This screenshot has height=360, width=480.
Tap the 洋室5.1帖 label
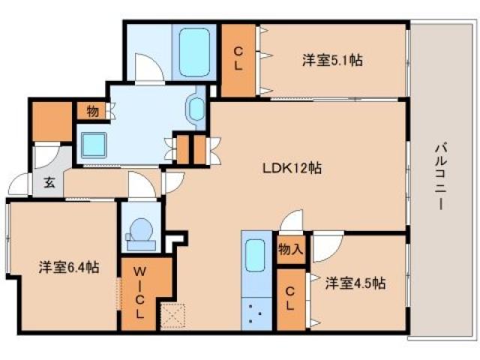pyautogui.click(x=332, y=60)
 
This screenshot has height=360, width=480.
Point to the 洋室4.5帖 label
pyautogui.click(x=355, y=283)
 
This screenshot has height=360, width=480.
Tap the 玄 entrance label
pyautogui.click(x=48, y=181)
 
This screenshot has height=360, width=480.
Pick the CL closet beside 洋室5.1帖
pyautogui.click(x=238, y=58)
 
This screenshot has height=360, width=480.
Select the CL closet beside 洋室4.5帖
pyautogui.click(x=291, y=298)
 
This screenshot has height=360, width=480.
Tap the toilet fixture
pyautogui.click(x=139, y=232)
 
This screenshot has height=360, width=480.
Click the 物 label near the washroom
pyautogui.click(x=92, y=112)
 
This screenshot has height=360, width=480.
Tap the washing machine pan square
pyautogui.click(x=95, y=142)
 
